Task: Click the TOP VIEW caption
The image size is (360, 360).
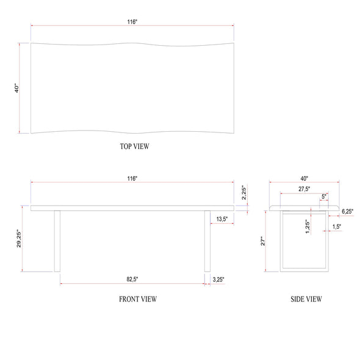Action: coord(135,146)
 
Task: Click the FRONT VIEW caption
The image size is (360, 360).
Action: coord(138,299)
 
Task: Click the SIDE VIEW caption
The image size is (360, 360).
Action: coord(306,299)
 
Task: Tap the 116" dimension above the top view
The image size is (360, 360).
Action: coord(132,22)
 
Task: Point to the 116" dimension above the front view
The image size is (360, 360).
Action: coord(132,178)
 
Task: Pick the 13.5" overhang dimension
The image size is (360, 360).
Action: coord(221,218)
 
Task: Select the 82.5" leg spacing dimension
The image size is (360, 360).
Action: coord(132,279)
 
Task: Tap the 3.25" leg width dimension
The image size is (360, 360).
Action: coord(218,279)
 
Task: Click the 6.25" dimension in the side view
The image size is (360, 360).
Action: coord(347,211)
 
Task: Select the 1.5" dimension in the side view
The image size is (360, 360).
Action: coord(337,226)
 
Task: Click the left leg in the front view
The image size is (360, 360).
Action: coord(57,240)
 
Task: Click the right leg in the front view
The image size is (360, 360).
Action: coord(207,240)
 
